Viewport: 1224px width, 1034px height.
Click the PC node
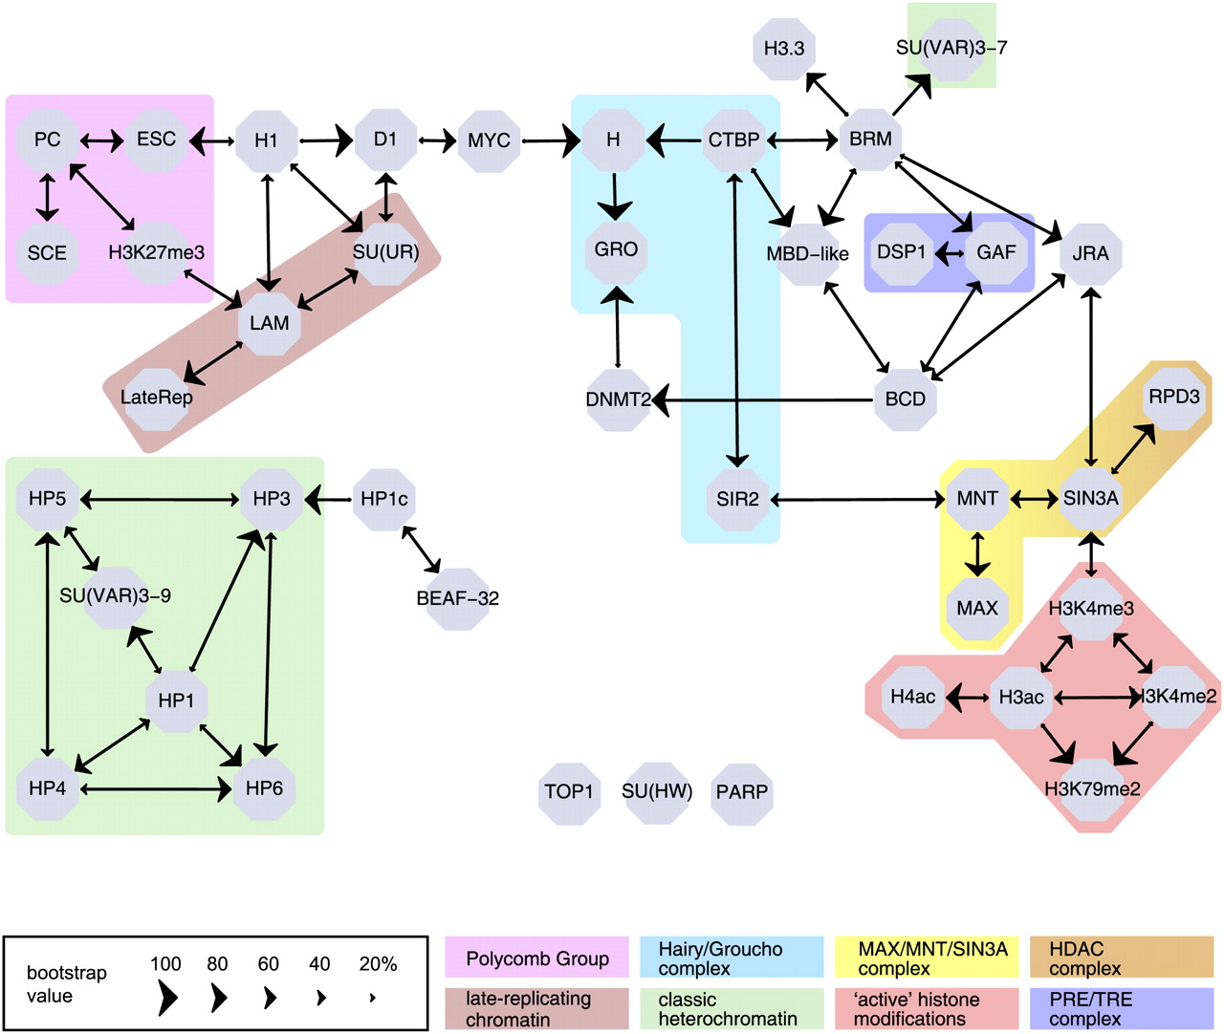[47, 140]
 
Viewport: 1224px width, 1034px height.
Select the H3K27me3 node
[156, 253]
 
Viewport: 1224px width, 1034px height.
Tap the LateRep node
[157, 398]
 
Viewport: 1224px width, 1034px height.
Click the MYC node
[489, 141]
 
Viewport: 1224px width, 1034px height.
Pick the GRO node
[616, 250]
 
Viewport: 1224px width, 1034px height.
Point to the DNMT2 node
[618, 399]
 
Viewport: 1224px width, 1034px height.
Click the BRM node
[870, 140]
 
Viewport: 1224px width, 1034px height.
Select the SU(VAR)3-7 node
[951, 48]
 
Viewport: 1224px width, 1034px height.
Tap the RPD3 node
[1173, 397]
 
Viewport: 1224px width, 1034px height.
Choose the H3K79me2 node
[1092, 789]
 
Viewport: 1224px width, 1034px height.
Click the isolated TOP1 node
[569, 792]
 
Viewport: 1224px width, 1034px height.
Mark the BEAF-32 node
[457, 599]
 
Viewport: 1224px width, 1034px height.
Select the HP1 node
[176, 701]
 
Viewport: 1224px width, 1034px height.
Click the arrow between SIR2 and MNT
[858, 499]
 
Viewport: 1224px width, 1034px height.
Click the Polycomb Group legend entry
[537, 959]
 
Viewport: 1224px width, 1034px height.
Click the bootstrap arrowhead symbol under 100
[166, 999]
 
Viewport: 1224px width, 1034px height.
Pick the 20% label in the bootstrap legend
[378, 964]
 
